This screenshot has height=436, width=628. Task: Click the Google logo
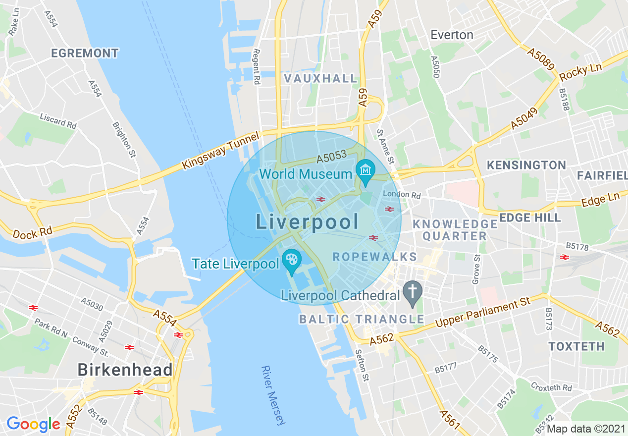pyautogui.click(x=33, y=424)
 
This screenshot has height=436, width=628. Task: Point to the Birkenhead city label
pyautogui.click(x=125, y=370)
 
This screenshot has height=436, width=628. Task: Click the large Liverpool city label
pyautogui.click(x=307, y=222)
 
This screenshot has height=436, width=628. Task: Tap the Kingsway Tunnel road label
pyautogui.click(x=220, y=150)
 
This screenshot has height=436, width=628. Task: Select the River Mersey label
pyautogui.click(x=273, y=395)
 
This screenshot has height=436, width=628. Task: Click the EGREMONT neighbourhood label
pyautogui.click(x=85, y=53)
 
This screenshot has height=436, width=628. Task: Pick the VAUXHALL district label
pyautogui.click(x=320, y=78)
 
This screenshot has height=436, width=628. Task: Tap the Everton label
pyautogui.click(x=452, y=35)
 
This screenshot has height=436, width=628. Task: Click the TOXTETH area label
pyautogui.click(x=576, y=346)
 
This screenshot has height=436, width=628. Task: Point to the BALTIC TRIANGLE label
pyautogui.click(x=361, y=319)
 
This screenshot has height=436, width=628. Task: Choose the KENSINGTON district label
pyautogui.click(x=526, y=165)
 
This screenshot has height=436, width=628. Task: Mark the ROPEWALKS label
pyautogui.click(x=374, y=257)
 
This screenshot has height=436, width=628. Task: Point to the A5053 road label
pyautogui.click(x=331, y=157)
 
